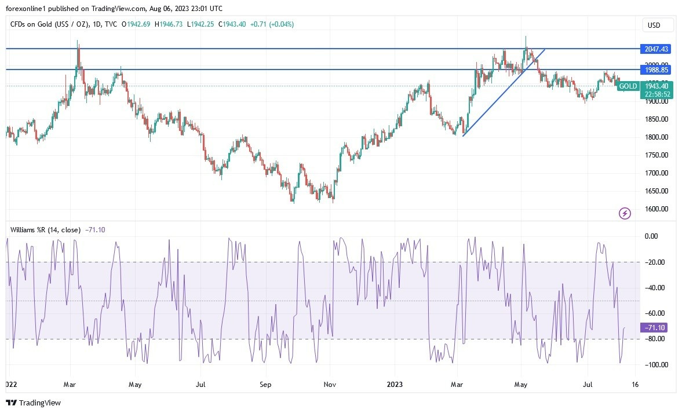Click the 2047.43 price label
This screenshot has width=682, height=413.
(x=656, y=49)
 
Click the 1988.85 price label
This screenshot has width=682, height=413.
(x=656, y=70)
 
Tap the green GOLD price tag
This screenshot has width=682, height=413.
(x=628, y=86)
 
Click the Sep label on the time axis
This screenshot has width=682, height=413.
(x=265, y=384)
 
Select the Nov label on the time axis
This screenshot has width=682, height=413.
(x=330, y=384)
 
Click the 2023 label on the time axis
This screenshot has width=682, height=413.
(x=394, y=384)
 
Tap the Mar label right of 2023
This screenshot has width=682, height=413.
(x=457, y=384)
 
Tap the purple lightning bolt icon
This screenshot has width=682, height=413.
(x=625, y=214)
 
